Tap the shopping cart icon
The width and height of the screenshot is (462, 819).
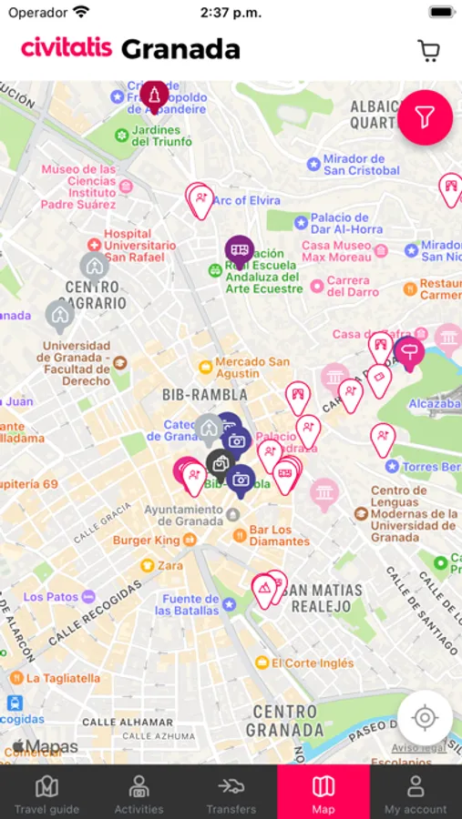(428, 50)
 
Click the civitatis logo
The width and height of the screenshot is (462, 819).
(67, 48)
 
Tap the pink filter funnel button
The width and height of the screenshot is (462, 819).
(425, 117)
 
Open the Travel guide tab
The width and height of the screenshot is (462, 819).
(46, 793)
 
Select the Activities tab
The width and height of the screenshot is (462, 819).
(139, 793)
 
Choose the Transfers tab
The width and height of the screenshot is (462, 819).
(231, 793)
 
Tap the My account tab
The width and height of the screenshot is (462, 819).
(416, 793)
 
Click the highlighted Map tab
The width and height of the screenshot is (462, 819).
(323, 793)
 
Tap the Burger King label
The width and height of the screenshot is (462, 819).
(146, 541)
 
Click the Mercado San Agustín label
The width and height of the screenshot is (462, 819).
(252, 368)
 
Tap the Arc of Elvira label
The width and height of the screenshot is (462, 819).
(246, 200)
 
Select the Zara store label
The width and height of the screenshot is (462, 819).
(169, 565)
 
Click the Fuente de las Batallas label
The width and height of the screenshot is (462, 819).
(190, 604)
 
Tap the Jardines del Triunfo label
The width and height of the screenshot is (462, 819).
(161, 136)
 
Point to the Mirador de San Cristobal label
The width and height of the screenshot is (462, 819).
(361, 165)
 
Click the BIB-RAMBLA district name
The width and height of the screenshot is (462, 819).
(204, 395)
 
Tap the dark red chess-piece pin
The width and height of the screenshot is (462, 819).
(154, 95)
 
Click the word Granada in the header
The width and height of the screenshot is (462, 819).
(180, 49)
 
